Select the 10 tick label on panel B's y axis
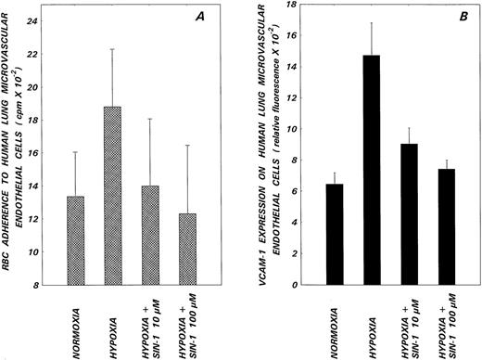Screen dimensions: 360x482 coord(305,130)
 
